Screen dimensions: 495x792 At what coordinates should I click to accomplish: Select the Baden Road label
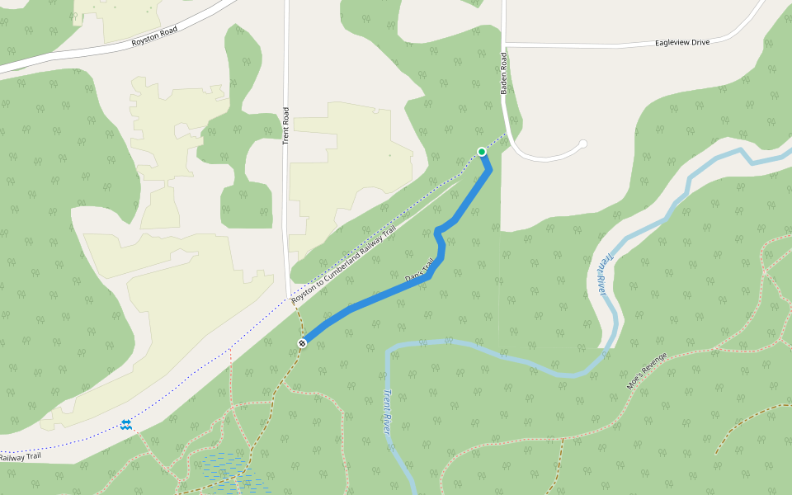pyautogui.click(x=502, y=73)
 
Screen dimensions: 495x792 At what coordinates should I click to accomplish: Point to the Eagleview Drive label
pyautogui.click(x=681, y=42)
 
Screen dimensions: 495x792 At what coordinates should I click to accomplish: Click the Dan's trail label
pyautogui.click(x=420, y=271)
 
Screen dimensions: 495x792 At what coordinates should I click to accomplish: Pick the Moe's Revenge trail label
pyautogui.click(x=646, y=373)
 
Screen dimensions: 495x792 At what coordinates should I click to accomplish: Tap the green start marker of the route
pyautogui.click(x=482, y=152)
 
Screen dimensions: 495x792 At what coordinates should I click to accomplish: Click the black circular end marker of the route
pyautogui.click(x=303, y=342)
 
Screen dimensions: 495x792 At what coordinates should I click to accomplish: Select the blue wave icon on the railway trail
pyautogui.click(x=126, y=424)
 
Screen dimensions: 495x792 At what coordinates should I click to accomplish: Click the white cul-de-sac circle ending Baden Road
pyautogui.click(x=582, y=144)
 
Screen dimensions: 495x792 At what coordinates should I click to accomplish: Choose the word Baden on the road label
pyautogui.click(x=502, y=64)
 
